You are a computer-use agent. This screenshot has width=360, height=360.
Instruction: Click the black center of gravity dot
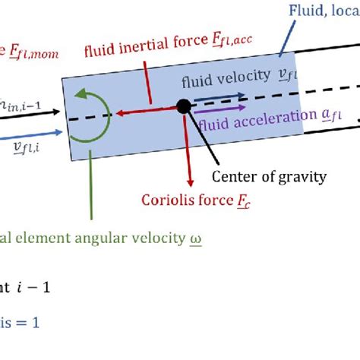point(183,106)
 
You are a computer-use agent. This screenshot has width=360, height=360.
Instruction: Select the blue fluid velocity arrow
point(219,96)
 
